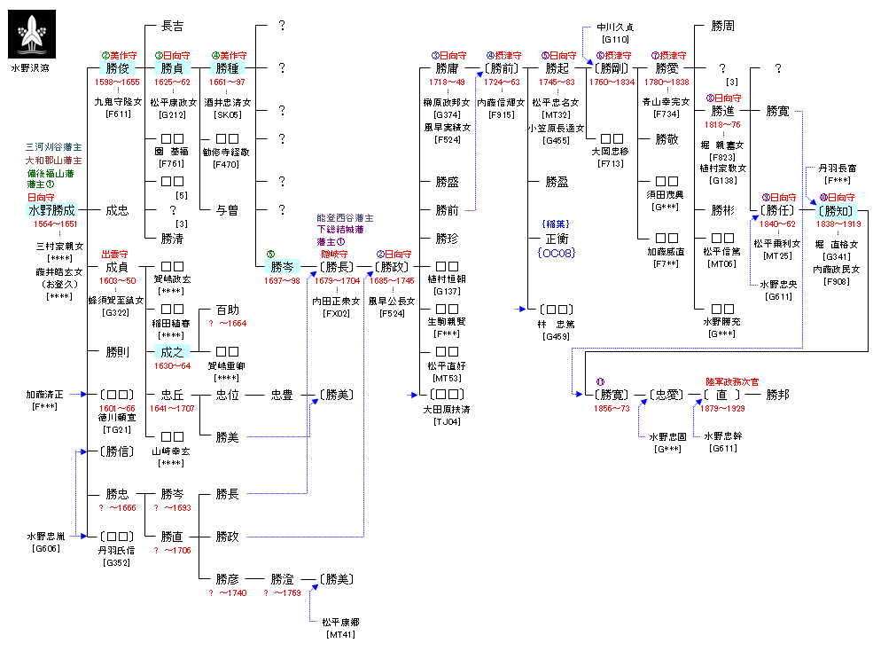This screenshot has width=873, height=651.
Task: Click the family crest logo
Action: point(32,34)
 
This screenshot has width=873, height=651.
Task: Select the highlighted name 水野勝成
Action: point(52,210)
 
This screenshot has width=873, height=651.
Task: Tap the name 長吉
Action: point(172,26)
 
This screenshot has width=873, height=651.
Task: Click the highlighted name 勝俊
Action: point(117,67)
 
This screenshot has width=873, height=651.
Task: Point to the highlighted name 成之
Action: point(172,351)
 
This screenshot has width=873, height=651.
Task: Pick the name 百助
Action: point(227,310)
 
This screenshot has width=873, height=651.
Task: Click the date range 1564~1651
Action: point(52,224)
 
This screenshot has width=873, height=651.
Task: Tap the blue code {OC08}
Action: point(557,253)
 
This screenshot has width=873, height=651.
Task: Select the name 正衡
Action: point(557,239)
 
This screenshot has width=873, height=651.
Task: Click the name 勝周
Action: point(722,26)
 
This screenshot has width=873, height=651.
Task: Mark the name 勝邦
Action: point(776,394)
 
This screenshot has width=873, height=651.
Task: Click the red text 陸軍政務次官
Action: point(732,380)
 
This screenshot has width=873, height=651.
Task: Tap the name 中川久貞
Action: point(615,27)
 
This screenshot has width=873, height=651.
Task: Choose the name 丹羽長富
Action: point(830,168)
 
